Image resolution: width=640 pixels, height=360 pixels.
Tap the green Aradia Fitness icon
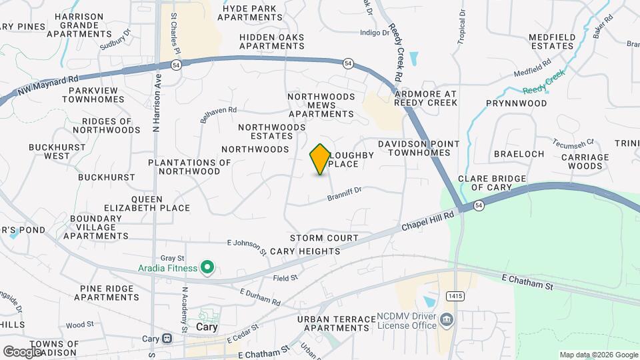[x=207, y=268]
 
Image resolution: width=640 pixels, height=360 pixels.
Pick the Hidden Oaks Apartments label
[x=271, y=41]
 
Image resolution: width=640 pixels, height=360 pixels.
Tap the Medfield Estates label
[x=551, y=41]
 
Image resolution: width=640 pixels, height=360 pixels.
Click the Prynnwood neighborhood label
[x=516, y=103]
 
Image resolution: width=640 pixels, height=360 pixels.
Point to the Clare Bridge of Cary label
[x=492, y=183]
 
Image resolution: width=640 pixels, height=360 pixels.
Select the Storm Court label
[x=324, y=238]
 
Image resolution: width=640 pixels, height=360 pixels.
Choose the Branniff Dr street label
[x=344, y=194]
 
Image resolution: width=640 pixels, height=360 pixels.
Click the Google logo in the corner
[x=23, y=351]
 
